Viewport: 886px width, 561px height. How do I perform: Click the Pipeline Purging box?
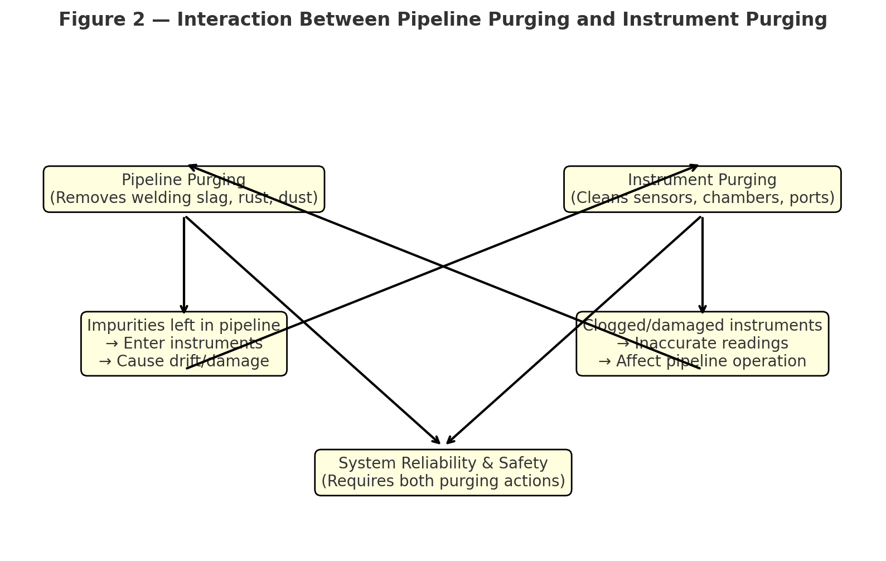tap(183, 189)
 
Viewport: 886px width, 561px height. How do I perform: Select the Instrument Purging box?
tap(702, 189)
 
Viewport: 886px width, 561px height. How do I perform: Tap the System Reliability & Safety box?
tap(443, 472)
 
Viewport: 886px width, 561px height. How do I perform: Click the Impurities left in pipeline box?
tap(183, 344)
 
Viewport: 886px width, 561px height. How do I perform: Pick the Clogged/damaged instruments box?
tap(702, 344)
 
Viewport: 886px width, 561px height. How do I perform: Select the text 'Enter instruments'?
tap(192, 344)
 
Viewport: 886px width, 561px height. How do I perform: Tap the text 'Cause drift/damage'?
tap(192, 361)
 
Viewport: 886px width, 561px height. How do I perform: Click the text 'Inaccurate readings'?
tap(711, 344)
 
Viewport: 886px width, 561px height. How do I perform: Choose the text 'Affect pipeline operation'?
tap(711, 361)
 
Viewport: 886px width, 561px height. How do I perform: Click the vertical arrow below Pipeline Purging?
tap(184, 265)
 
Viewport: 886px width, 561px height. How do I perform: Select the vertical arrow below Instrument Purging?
tap(703, 265)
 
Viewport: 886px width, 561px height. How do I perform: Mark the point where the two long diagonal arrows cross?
tap(443, 267)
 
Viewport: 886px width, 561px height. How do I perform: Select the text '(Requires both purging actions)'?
tap(443, 481)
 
